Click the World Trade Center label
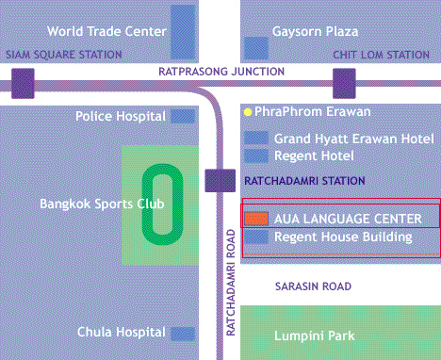coord(106,30)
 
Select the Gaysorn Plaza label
coord(316,30)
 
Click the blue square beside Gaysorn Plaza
coord(255,47)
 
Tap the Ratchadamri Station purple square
coord(219,179)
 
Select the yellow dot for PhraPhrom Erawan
coord(248,111)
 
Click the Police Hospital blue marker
coord(183,116)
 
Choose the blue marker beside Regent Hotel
coord(255,155)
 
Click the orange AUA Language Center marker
coord(255,219)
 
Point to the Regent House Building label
coord(342,237)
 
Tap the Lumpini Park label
coord(314,335)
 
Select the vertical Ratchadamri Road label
coord(229,280)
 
